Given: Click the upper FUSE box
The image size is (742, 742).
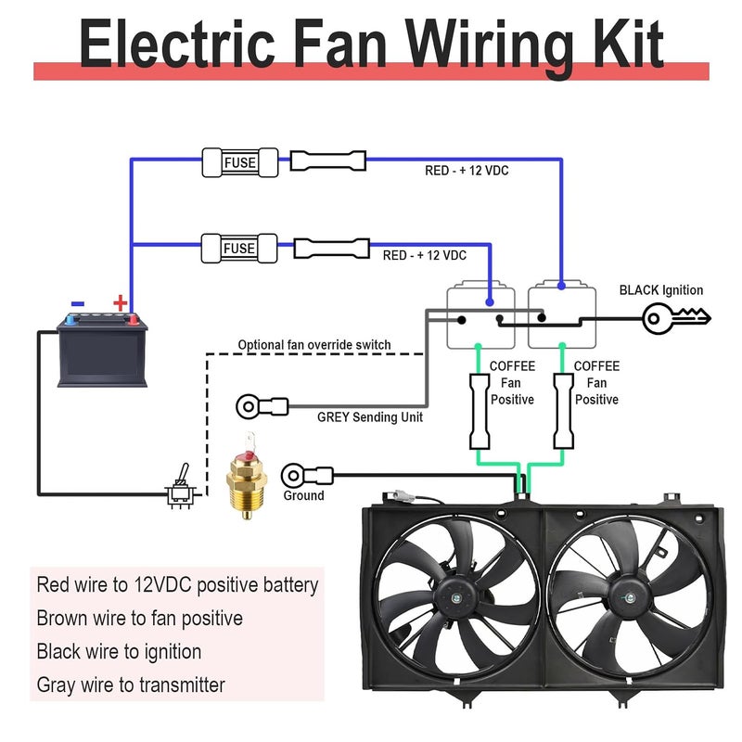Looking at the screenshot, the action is click(x=240, y=162).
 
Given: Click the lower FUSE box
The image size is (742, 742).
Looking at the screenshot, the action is click(x=239, y=248).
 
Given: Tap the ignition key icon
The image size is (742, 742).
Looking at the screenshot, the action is click(x=676, y=318).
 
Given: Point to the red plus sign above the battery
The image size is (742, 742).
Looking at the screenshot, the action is click(x=121, y=302).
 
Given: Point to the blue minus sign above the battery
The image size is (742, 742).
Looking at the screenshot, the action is click(x=78, y=304).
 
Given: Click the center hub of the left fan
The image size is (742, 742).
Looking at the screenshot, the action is click(x=455, y=598).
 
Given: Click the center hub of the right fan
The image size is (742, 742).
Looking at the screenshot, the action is click(x=630, y=598).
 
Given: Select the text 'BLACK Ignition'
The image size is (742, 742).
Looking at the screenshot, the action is click(x=661, y=290).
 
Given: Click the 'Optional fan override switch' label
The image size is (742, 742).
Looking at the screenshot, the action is click(x=314, y=344).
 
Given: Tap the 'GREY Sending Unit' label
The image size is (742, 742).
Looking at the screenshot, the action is click(x=370, y=416).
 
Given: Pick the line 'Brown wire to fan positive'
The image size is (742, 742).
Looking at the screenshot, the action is click(x=140, y=618).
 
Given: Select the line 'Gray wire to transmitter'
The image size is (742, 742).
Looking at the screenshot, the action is click(x=131, y=684).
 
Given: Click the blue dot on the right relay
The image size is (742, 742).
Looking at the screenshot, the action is click(x=561, y=286).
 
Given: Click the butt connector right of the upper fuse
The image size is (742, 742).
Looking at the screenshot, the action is click(x=328, y=160).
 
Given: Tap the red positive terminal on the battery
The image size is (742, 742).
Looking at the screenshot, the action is click(x=134, y=320).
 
